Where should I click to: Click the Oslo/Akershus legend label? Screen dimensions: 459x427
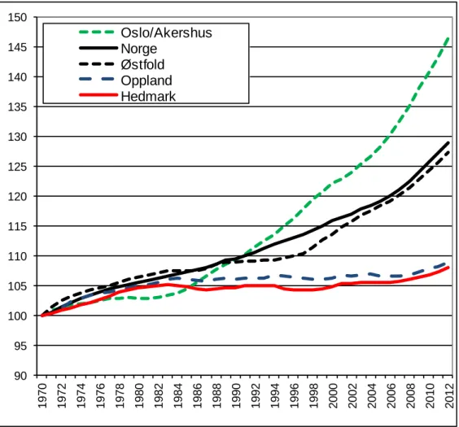166,33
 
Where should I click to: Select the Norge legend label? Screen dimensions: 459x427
139,49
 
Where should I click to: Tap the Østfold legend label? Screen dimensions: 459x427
142,64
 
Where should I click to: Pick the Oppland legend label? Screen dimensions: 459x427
146,81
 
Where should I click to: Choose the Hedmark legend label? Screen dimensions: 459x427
148,96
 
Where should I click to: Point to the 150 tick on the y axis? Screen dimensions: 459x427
17,17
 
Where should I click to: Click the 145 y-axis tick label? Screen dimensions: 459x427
17,47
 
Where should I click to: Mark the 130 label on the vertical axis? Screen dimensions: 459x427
17,137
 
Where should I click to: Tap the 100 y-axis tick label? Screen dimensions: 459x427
17,316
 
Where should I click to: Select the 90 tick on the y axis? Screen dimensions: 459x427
20,376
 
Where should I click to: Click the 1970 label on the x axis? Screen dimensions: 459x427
42,396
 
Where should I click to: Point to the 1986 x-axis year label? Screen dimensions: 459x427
197,396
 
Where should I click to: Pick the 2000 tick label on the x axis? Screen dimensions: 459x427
333,396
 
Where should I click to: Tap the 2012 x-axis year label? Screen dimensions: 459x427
449,396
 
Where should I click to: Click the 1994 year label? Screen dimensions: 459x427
275,396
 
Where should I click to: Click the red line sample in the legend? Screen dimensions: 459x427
98,95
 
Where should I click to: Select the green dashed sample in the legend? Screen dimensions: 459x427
97,32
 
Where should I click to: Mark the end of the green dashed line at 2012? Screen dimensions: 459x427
448,38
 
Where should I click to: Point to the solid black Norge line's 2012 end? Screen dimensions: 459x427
448,142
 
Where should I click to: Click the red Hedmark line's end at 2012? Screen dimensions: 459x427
448,268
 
